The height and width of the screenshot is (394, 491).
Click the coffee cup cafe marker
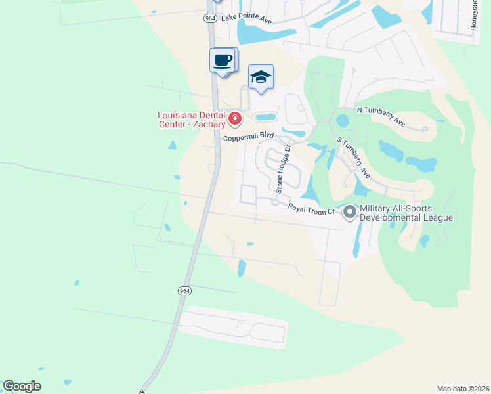pyautogui.click(x=222, y=60)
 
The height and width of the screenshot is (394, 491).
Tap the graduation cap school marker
pyautogui.click(x=261, y=78)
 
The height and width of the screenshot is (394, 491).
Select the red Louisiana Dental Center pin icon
pyautogui.click(x=235, y=119)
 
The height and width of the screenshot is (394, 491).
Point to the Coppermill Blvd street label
pyautogui.click(x=247, y=137)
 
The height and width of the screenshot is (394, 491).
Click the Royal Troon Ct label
pyautogui.click(x=311, y=209)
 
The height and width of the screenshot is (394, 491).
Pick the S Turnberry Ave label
pyautogui.click(x=354, y=158)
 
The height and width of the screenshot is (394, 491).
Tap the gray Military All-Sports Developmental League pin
pyautogui.click(x=349, y=211)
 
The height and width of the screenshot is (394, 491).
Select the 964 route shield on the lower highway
pyautogui.click(x=184, y=290)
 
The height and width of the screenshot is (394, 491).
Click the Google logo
pyautogui.click(x=22, y=386)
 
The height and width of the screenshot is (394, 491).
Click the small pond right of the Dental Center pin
pyautogui.click(x=266, y=118)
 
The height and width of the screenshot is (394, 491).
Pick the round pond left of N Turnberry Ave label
pyautogui.click(x=342, y=121)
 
